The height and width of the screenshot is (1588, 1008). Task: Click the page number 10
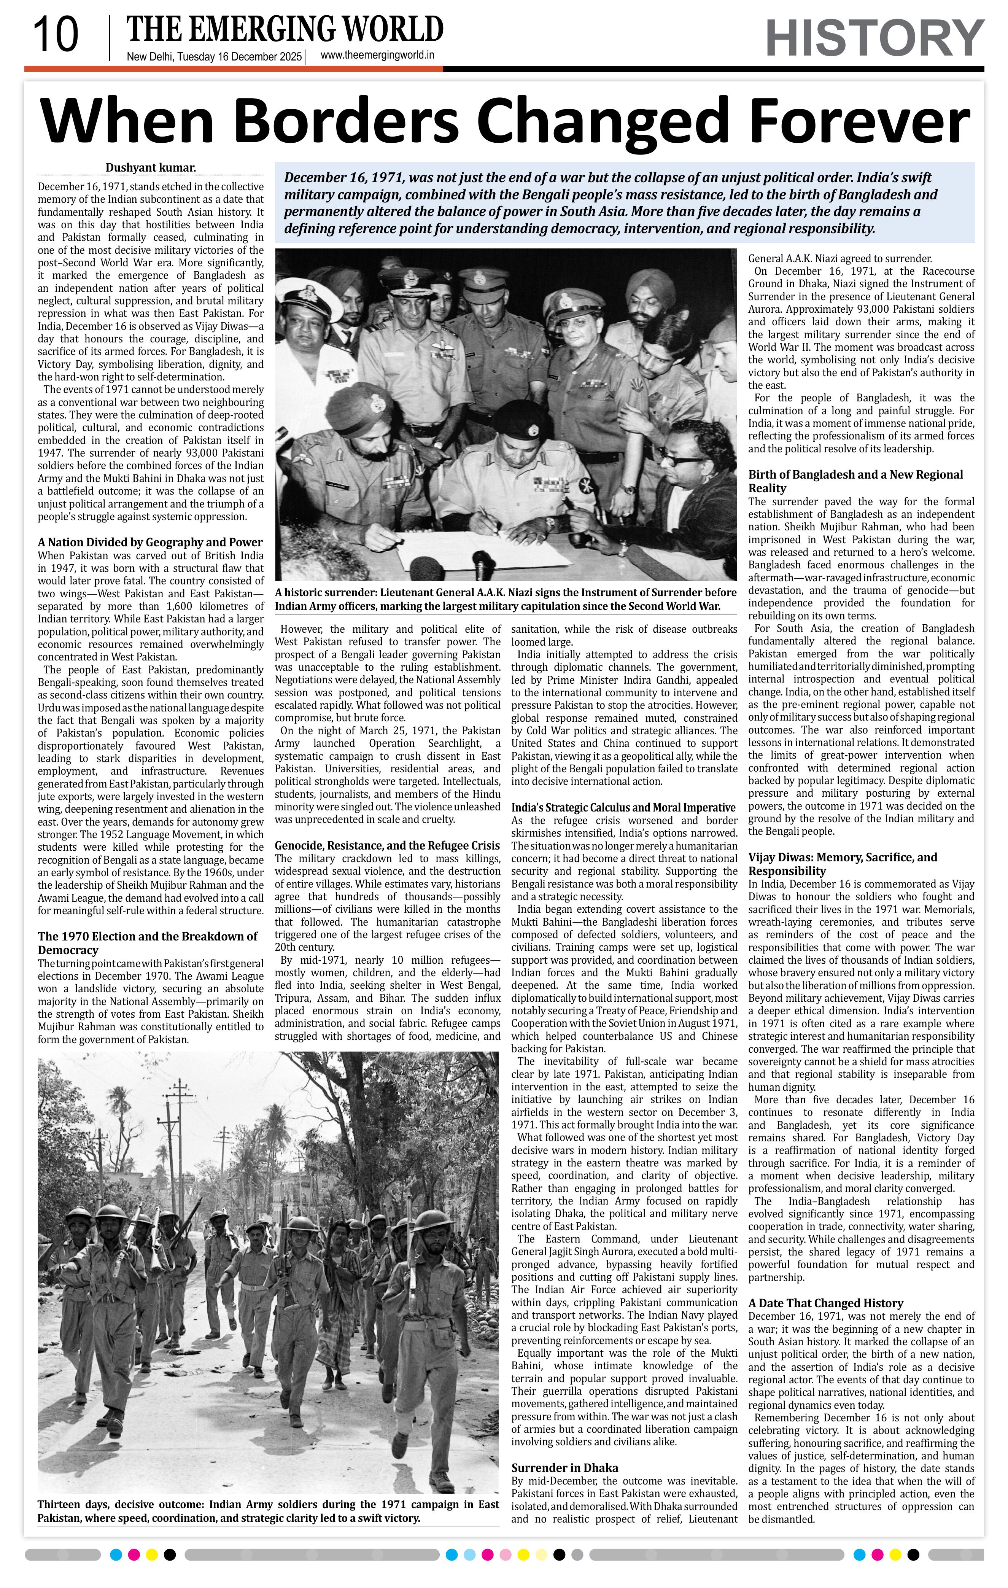coord(56,36)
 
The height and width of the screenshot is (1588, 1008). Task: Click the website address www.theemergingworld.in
coord(377,56)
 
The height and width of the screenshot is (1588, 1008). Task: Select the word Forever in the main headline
coord(859,121)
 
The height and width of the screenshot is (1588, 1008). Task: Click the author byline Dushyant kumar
coord(151,167)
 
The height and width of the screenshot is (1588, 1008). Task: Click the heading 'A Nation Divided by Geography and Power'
coord(150,542)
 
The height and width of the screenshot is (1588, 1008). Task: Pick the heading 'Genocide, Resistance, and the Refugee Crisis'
coord(387,845)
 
